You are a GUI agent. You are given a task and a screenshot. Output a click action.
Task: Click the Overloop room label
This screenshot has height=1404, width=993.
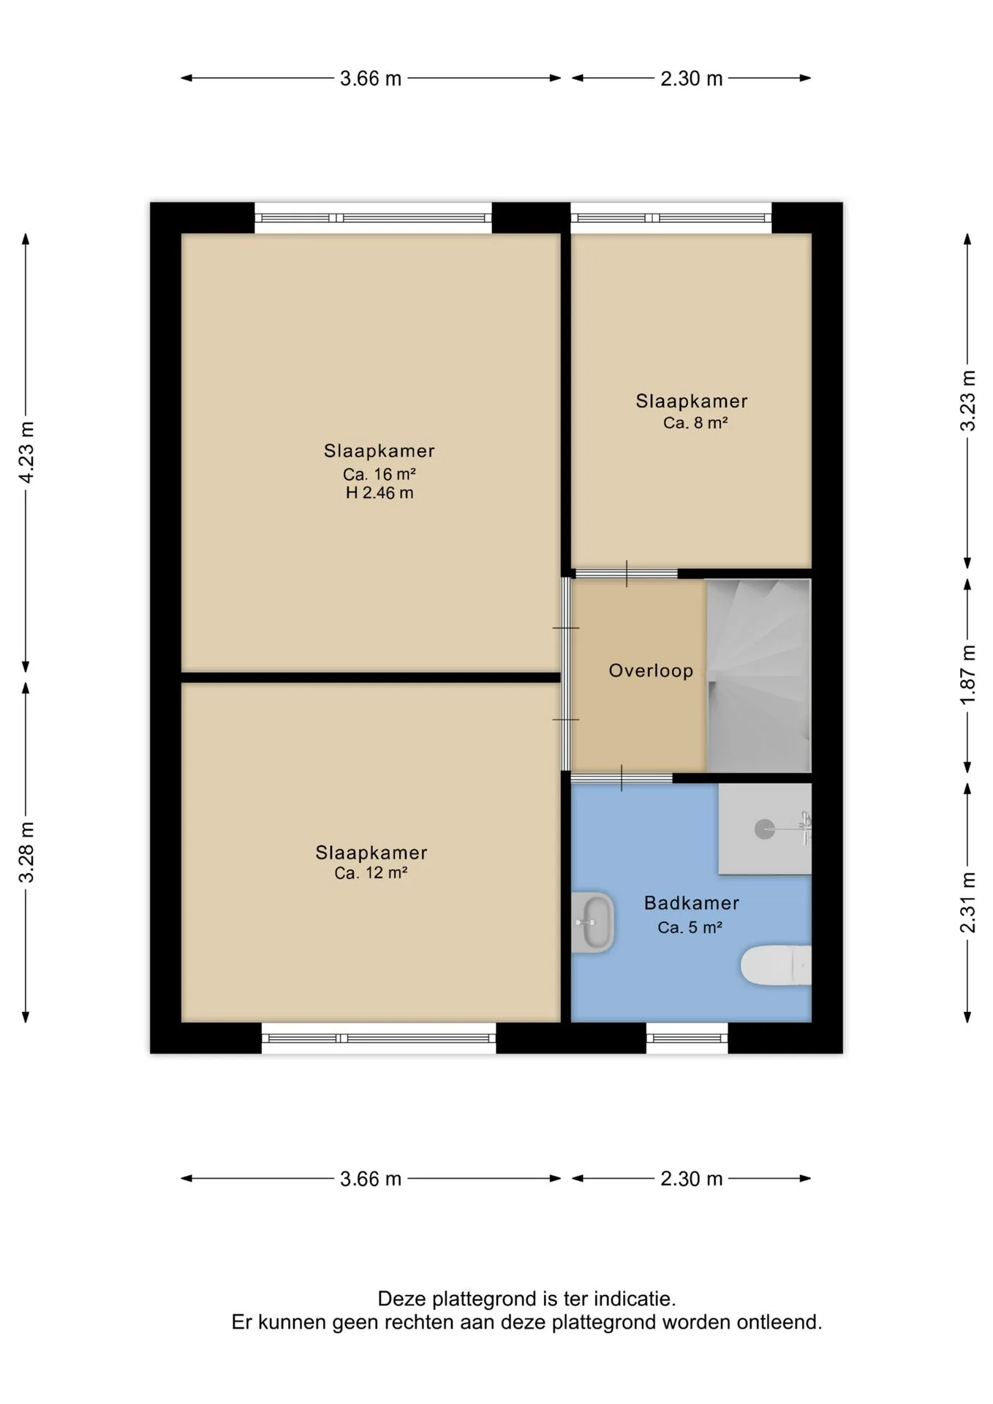[x=651, y=671]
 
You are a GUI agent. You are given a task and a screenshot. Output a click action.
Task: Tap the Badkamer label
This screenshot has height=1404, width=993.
[x=691, y=903]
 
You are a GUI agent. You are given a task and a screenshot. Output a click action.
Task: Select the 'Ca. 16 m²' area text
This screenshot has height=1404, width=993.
[x=380, y=474]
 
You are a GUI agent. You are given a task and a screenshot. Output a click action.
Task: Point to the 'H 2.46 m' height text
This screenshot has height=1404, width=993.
[x=380, y=493]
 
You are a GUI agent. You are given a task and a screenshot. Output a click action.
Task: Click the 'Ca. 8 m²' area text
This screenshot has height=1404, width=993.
[x=695, y=423]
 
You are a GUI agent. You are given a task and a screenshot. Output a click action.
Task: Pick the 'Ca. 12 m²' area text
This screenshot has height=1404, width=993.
[x=371, y=872]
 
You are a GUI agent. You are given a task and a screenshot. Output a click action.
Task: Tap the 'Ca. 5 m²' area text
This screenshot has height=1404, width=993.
[x=690, y=927]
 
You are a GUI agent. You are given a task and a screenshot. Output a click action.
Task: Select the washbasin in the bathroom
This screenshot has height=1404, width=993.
[x=592, y=922]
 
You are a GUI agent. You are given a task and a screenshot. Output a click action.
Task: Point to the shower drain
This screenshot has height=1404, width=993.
[x=764, y=829]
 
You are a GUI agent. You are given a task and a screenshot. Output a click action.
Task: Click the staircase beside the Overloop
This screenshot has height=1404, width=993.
[x=759, y=676]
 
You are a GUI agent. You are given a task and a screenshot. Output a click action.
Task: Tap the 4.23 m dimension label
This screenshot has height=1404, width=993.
[x=26, y=452]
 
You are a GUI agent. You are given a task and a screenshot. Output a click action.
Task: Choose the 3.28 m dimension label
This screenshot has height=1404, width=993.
[x=26, y=852]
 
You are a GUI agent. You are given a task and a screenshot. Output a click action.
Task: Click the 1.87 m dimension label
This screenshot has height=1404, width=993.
[x=967, y=675]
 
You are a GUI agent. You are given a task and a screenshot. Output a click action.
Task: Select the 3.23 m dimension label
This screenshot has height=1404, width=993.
[x=967, y=401]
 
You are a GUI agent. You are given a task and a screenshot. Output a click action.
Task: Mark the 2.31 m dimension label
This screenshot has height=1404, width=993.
[x=967, y=903]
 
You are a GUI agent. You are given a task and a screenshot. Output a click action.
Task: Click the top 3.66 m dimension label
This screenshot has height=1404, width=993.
[x=371, y=78]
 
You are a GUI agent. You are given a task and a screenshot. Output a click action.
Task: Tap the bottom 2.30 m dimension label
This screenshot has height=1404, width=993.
[x=692, y=1179]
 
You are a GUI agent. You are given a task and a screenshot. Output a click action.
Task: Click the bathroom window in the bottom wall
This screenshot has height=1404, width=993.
[x=687, y=1038]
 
